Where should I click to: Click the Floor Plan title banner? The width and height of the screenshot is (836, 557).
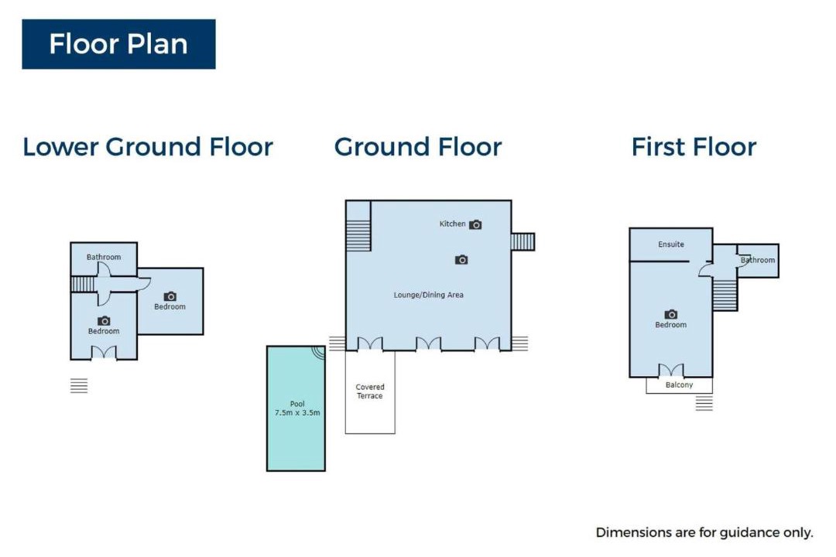pyautogui.click(x=118, y=44)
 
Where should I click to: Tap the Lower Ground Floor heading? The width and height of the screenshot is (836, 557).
pyautogui.click(x=148, y=146)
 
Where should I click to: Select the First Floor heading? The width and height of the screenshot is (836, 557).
pyautogui.click(x=694, y=146)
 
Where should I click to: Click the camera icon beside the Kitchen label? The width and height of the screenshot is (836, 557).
pyautogui.click(x=475, y=224)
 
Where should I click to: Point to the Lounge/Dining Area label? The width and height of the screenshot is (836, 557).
pyautogui.click(x=428, y=295)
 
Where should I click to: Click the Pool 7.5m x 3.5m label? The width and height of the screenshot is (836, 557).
pyautogui.click(x=297, y=408)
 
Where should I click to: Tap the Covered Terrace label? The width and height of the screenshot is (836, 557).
pyautogui.click(x=370, y=391)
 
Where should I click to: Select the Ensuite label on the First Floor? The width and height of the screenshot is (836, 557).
pyautogui.click(x=670, y=244)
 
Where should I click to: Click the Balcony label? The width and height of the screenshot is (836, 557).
pyautogui.click(x=680, y=384)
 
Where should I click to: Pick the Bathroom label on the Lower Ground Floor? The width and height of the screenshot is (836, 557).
pyautogui.click(x=104, y=257)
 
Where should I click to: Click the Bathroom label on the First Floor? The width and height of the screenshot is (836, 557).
pyautogui.click(x=758, y=260)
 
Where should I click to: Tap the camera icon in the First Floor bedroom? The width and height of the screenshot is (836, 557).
pyautogui.click(x=670, y=315)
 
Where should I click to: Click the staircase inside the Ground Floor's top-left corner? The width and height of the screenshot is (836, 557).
pyautogui.click(x=358, y=235)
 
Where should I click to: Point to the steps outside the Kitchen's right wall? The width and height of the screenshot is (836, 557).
pyautogui.click(x=522, y=241)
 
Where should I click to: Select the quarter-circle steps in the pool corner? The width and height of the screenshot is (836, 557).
pyautogui.click(x=319, y=352)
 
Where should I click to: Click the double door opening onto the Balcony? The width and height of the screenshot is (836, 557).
pyautogui.click(x=670, y=371)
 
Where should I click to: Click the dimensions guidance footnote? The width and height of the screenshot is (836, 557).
pyautogui.click(x=704, y=532)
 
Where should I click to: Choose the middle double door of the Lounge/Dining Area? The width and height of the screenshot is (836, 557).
pyautogui.click(x=428, y=343)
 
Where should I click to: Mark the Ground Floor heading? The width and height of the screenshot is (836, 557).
pyautogui.click(x=418, y=146)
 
